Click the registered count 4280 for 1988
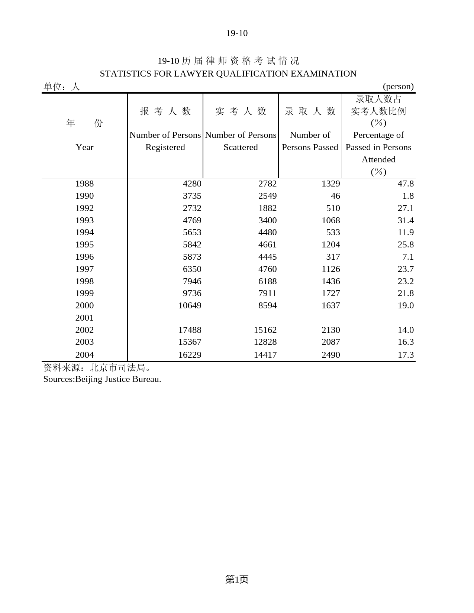[x=192, y=184]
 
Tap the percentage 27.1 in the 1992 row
[x=406, y=208]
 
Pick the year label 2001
[x=84, y=318]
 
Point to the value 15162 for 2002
[x=265, y=330]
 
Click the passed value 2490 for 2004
[x=330, y=355]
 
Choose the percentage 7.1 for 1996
[x=408, y=257]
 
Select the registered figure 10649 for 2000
[x=190, y=306]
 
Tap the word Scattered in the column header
[x=241, y=147]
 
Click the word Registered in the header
[x=165, y=147]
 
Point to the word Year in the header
[x=84, y=147]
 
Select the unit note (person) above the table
[x=398, y=87]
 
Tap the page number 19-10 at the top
[x=237, y=33]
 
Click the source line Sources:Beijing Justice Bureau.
[x=102, y=379]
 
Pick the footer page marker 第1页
[x=237, y=579]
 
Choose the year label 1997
[x=84, y=269]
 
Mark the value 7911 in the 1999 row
[x=267, y=293]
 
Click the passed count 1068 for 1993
[x=330, y=221]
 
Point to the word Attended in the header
[x=378, y=160]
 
